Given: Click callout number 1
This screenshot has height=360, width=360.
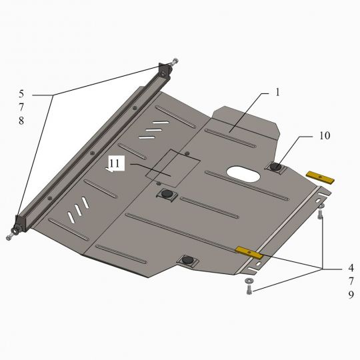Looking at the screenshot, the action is [277, 92].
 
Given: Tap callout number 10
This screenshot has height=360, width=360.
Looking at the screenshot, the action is [325, 136].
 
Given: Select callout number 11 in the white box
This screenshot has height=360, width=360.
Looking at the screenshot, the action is [115, 163].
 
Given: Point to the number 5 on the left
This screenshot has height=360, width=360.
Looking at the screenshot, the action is [21, 94].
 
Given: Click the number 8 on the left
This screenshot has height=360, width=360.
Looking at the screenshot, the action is [21, 121].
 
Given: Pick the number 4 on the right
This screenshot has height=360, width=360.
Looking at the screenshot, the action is [351, 268].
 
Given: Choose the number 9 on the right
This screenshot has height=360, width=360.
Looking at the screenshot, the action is [351, 295].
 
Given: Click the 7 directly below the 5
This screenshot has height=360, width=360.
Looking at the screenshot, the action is [21, 107].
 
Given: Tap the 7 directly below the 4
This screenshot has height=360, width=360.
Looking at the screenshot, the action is [351, 281].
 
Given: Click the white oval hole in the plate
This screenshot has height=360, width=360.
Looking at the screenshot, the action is [243, 174].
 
